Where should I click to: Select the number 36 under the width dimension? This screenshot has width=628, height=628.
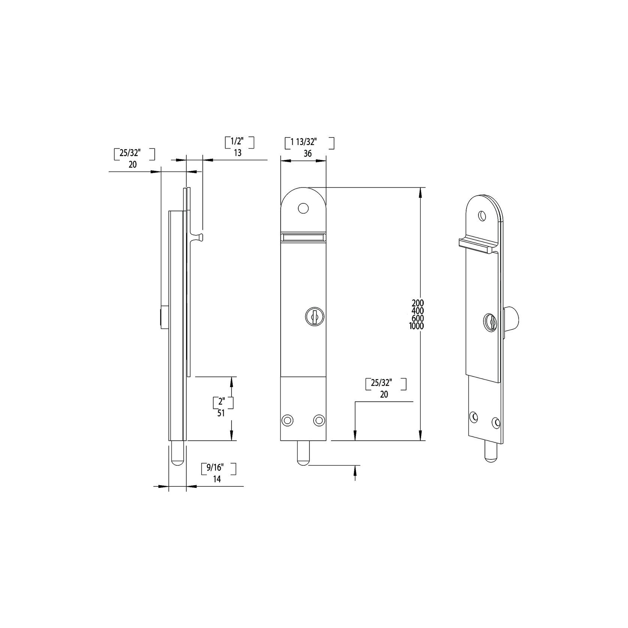click(x=307, y=154)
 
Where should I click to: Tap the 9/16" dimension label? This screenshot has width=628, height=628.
click(x=215, y=468)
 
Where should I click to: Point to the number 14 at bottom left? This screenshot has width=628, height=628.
click(x=217, y=479)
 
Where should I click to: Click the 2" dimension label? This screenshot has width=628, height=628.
click(x=221, y=402)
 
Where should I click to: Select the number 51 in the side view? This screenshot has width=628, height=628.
click(x=221, y=413)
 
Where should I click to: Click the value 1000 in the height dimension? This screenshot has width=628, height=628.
click(x=416, y=326)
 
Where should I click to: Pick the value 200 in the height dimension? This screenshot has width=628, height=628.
click(x=417, y=303)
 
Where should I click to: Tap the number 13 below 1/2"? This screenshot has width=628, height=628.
click(x=237, y=153)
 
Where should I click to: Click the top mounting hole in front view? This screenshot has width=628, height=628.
click(x=303, y=208)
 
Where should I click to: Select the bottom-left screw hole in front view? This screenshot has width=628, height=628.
click(x=288, y=420)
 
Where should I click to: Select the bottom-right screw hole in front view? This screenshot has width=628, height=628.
click(x=318, y=420)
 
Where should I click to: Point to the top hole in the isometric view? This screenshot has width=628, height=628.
click(x=483, y=215)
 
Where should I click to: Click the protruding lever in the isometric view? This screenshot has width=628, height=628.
click(x=476, y=245)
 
